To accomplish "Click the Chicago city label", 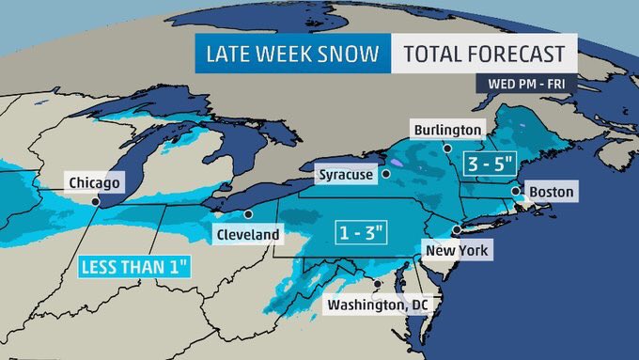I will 94,182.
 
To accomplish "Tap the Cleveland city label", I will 246,233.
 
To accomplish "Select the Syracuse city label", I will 345,175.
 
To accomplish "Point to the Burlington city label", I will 447,129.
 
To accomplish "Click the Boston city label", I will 551,192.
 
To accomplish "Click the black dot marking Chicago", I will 96,199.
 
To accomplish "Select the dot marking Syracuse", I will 385,174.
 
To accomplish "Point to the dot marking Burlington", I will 448,148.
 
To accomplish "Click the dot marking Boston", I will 515,191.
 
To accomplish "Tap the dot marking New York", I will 456,230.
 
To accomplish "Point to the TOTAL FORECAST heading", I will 484,55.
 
